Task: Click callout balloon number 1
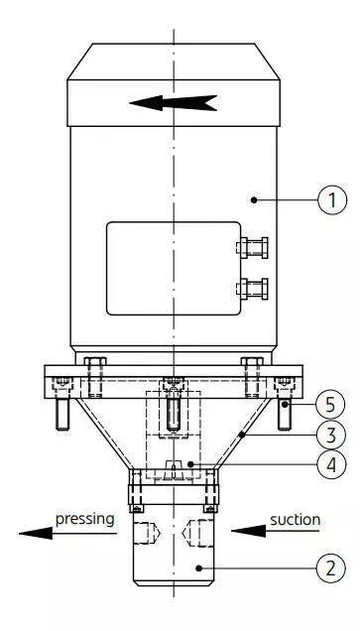tap(332, 200)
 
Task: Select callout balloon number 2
tap(331, 568)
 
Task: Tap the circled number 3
tap(330, 435)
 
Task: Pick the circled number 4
tap(331, 464)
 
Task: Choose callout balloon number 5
tap(330, 405)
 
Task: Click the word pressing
tap(85, 520)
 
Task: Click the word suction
tap(296, 520)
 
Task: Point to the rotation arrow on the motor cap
tap(173, 103)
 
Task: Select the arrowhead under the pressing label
tap(36, 533)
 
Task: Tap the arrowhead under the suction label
tap(248, 531)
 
